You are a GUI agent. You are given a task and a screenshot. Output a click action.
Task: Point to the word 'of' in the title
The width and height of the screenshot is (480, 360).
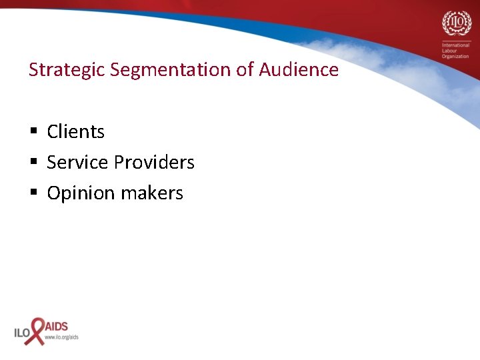point(243,70)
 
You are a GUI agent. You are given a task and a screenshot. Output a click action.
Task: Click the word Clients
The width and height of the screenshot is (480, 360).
point(75,132)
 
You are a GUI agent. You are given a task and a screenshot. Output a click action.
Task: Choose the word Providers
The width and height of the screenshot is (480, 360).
point(154,163)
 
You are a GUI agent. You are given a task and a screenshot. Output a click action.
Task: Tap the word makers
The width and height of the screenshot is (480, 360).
point(154,193)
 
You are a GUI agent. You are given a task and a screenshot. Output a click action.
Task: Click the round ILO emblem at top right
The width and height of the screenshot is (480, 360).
point(455,24)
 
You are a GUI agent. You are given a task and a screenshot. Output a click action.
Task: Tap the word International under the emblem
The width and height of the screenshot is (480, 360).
point(455,45)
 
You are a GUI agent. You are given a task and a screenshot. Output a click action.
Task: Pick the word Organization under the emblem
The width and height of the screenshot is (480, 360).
point(455,57)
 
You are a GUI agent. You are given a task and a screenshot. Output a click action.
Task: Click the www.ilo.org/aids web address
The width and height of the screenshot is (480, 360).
point(61,337)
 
